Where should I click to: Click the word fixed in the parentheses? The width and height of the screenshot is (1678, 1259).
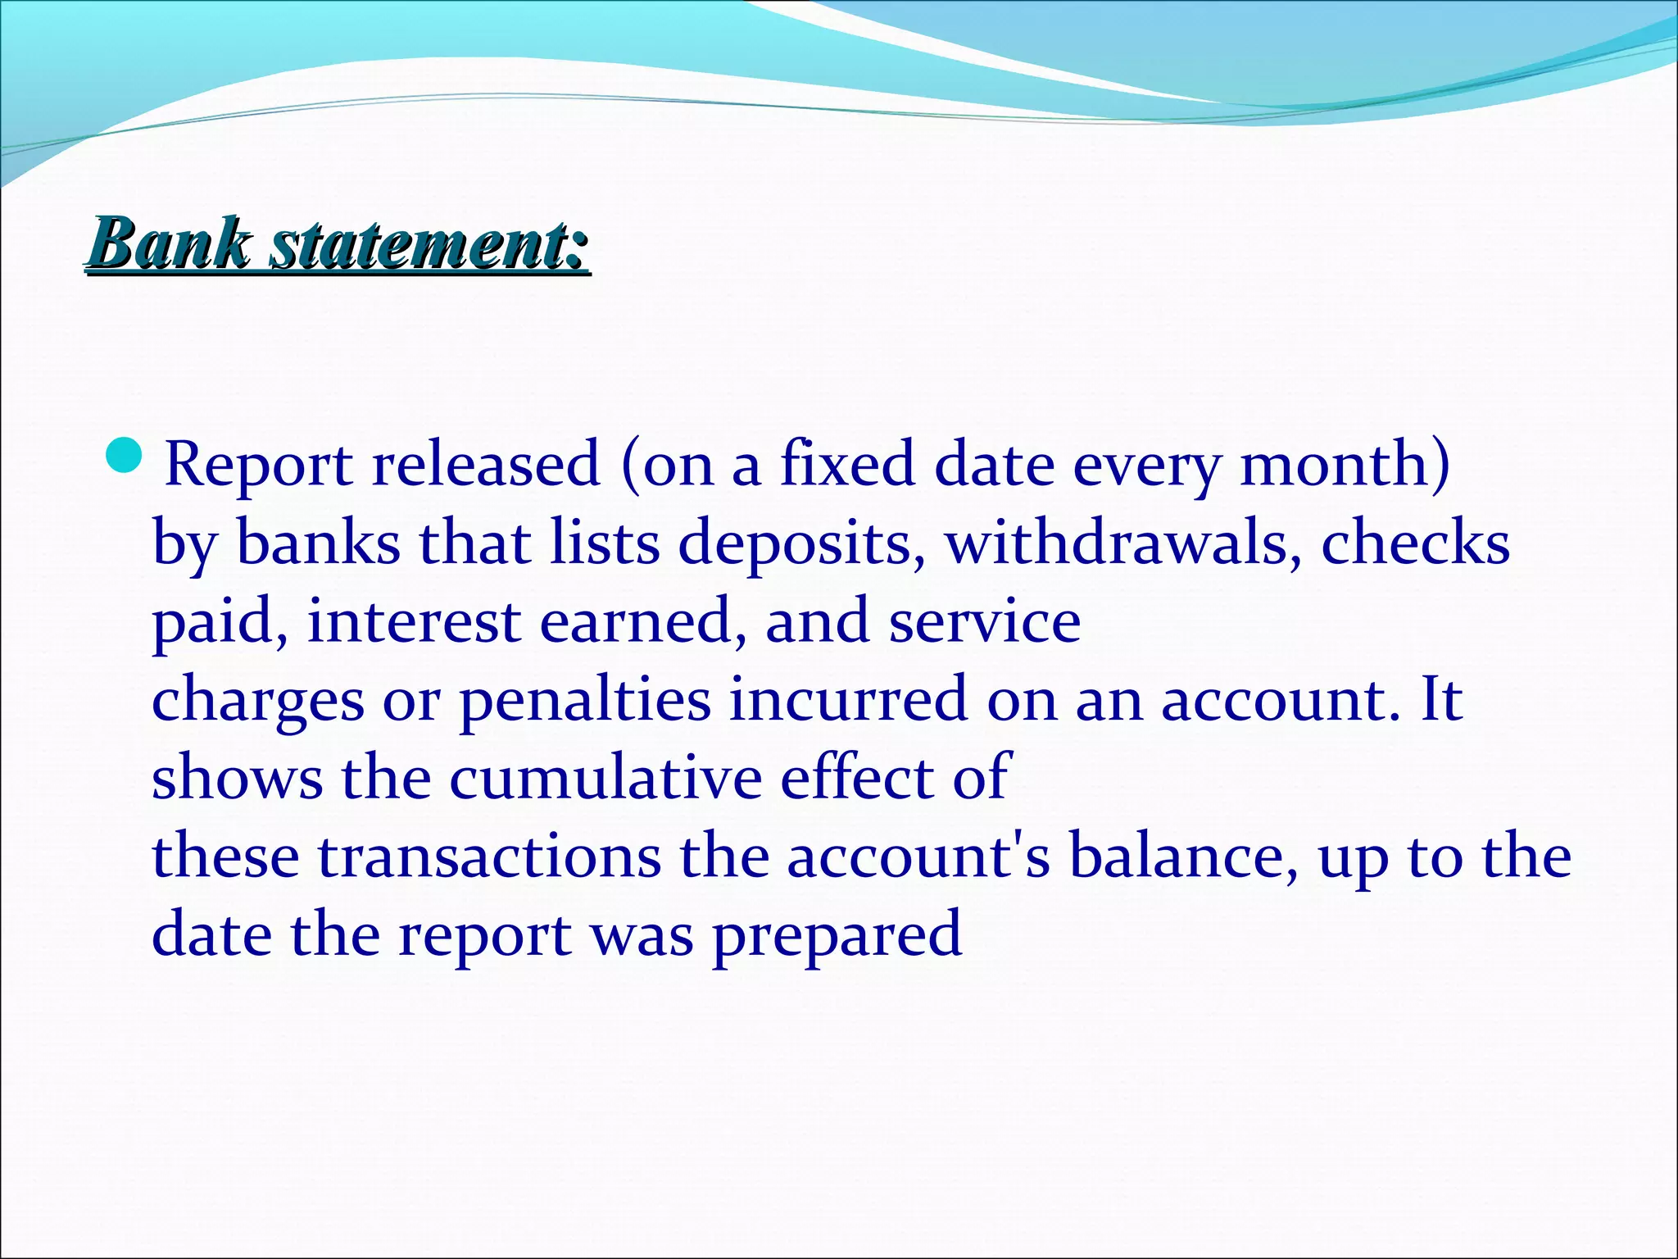(x=846, y=464)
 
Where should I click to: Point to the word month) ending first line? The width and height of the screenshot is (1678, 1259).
(x=1345, y=464)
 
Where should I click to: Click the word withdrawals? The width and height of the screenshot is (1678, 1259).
(x=1123, y=543)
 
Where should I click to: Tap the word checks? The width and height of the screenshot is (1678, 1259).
(x=1415, y=543)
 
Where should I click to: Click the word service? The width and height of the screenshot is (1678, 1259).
(x=985, y=621)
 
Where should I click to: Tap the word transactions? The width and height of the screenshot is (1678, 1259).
(x=488, y=857)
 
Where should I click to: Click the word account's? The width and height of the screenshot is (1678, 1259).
(x=918, y=857)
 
